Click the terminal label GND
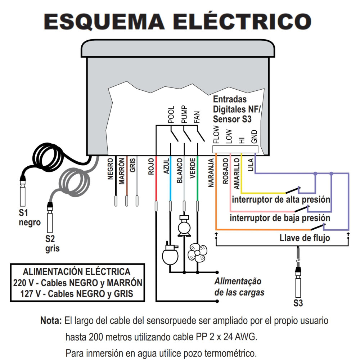[254, 136]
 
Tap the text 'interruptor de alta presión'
[281, 199]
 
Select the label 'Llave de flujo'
[305, 238]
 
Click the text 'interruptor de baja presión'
[280, 218]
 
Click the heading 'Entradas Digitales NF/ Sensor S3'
[232, 109]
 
